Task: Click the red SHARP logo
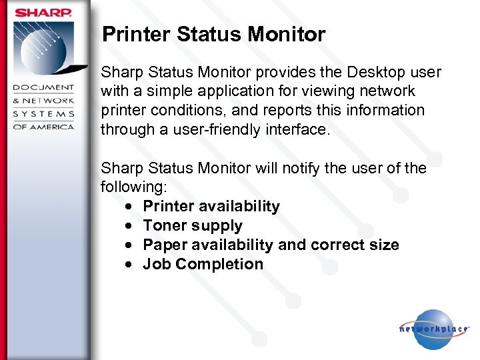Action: pyautogui.click(x=43, y=12)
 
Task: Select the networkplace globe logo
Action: pyautogui.click(x=433, y=329)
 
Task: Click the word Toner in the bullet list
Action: pyautogui.click(x=163, y=226)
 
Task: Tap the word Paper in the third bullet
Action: pyautogui.click(x=164, y=245)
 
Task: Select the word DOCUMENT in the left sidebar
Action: pyautogui.click(x=43, y=88)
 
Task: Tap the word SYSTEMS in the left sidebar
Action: pyautogui.click(x=43, y=113)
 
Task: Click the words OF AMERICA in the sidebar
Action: pyautogui.click(x=43, y=126)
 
